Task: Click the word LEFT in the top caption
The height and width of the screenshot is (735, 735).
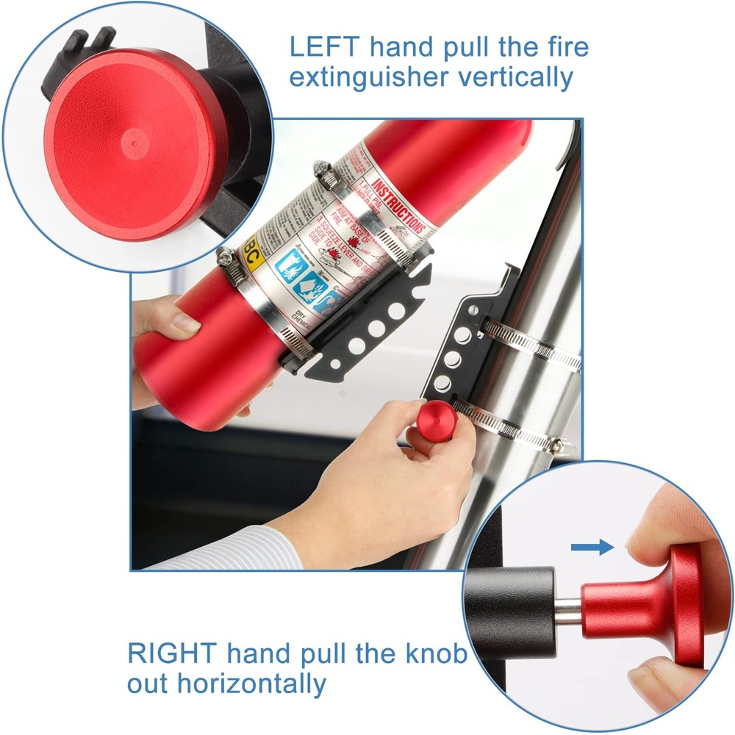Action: point(323,47)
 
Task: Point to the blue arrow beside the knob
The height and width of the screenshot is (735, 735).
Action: point(592,547)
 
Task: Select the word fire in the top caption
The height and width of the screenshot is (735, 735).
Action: point(566,47)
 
